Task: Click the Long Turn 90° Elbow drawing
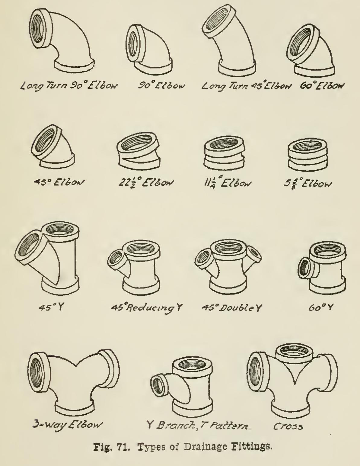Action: [x=62, y=41]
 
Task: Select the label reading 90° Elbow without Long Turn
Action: [x=161, y=86]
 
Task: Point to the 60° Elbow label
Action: [x=322, y=86]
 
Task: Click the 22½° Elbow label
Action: [x=146, y=183]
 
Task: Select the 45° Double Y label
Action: [x=232, y=308]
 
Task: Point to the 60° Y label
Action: [x=321, y=308]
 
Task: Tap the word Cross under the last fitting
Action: [x=288, y=426]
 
